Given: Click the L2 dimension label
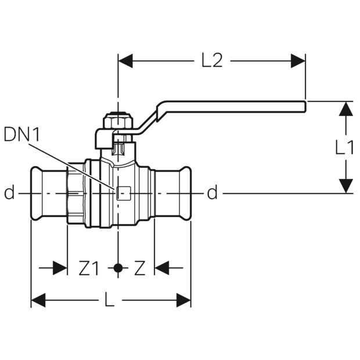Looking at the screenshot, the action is point(212,61).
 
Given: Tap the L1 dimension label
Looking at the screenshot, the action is point(344,147).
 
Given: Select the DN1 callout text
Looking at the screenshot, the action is point(22,135).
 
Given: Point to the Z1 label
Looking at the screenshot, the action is point(89,268).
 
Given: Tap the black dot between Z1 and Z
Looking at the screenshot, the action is point(118,268).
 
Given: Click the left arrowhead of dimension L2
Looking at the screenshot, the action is point(125,61).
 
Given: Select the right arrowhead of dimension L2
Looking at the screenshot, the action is point(298,61).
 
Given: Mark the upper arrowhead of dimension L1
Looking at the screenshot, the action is point(345,109).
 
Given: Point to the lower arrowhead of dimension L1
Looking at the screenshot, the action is point(345,186).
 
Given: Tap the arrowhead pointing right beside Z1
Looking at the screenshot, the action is point(60,268).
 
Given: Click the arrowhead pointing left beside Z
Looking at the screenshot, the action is point(162,268).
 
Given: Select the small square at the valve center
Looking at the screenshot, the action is point(124,193).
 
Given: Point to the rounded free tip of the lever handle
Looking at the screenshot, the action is point(305,106).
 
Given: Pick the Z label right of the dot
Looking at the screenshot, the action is point(140,268).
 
